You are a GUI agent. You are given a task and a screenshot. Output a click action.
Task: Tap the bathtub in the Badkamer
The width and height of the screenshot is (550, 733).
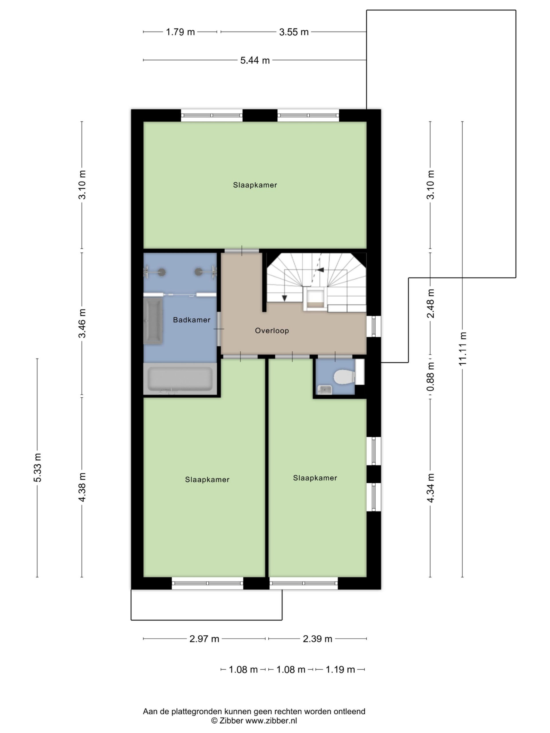(180, 379)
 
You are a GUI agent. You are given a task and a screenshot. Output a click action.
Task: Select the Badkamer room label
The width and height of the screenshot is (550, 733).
(192, 320)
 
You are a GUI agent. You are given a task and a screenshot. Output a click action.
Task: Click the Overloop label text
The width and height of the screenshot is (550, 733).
(272, 331)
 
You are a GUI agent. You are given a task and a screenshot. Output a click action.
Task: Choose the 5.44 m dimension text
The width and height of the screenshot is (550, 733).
(255, 60)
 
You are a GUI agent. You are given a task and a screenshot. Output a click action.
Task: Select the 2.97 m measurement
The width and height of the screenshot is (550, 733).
(204, 639)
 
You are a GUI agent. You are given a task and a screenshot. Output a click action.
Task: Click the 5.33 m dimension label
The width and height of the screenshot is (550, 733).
(37, 468)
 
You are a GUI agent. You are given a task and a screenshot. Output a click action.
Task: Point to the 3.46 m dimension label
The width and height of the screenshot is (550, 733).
(82, 324)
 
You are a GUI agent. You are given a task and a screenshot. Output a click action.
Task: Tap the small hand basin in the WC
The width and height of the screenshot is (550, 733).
(325, 390)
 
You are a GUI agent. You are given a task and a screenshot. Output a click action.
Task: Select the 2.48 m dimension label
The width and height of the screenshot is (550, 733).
(430, 304)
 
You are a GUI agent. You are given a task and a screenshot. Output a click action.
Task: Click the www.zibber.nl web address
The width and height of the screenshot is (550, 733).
(271, 721)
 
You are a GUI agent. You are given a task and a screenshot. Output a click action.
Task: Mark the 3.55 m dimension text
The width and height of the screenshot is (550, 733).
(294, 32)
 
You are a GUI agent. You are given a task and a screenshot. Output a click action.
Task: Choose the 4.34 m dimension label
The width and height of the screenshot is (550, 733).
(430, 488)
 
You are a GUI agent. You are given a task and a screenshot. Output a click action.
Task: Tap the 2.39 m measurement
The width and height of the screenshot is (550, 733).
(318, 639)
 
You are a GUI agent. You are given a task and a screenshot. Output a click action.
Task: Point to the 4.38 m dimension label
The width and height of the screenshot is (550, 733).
(82, 487)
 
